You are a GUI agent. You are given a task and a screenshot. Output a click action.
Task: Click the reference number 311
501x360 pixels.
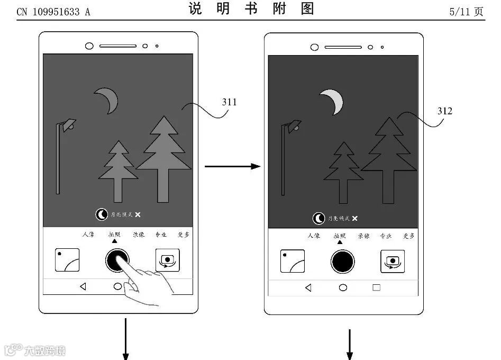[x=229, y=102]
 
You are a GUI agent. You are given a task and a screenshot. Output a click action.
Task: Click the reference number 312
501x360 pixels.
[x=445, y=111]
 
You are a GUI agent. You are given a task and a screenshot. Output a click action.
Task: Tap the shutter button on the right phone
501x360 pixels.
[x=343, y=261]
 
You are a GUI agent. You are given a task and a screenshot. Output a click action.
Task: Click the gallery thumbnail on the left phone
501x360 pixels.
[x=67, y=260]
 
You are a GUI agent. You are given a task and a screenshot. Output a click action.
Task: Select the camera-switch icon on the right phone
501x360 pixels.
[x=393, y=261]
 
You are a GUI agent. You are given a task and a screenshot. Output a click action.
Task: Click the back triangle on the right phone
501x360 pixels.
[x=308, y=287]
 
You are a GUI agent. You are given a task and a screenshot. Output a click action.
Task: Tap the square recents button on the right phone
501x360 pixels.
[x=376, y=287]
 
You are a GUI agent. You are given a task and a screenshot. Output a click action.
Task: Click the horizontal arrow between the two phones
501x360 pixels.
[x=232, y=167]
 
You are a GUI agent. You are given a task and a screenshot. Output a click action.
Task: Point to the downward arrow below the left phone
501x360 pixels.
[x=126, y=339]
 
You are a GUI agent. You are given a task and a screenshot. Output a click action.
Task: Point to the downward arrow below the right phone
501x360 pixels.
[x=350, y=344]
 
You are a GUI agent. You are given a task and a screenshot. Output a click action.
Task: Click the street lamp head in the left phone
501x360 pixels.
[x=68, y=125]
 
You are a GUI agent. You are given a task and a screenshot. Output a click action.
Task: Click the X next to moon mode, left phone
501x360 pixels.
[x=138, y=214]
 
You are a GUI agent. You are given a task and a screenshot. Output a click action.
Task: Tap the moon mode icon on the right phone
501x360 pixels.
[x=319, y=218]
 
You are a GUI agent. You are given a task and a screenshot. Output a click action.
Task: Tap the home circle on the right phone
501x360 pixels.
[x=343, y=287]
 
